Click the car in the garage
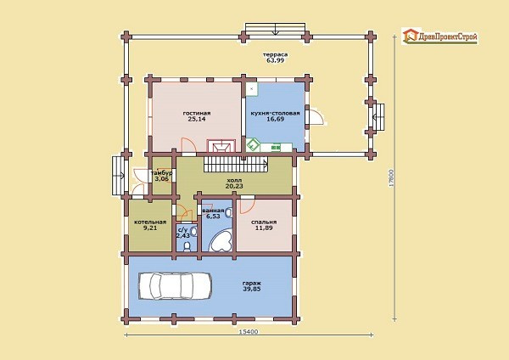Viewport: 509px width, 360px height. tap(176, 285)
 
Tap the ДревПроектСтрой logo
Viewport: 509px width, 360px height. tap(439, 36)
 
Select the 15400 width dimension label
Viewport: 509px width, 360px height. tap(249, 332)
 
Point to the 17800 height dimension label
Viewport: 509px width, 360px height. tap(391, 177)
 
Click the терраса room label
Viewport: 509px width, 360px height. tap(275, 54)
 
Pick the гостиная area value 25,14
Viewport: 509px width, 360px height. tap(197, 119)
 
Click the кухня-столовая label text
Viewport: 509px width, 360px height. tap(275, 114)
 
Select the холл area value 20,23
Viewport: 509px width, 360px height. tap(234, 186)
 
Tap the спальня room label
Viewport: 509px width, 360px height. tap(264, 222)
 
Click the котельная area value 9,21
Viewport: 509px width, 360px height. tap(150, 228)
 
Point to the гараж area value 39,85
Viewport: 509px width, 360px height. tap(252, 289)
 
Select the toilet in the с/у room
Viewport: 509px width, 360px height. tap(187, 246)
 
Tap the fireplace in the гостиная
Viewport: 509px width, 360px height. tap(221, 145)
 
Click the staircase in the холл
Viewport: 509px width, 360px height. tap(236, 164)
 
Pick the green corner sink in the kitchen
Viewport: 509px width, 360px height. tap(253, 145)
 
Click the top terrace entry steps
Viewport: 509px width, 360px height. tap(275, 29)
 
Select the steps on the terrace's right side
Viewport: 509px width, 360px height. tap(378, 116)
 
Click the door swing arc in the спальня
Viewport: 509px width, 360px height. tap(248, 206)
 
